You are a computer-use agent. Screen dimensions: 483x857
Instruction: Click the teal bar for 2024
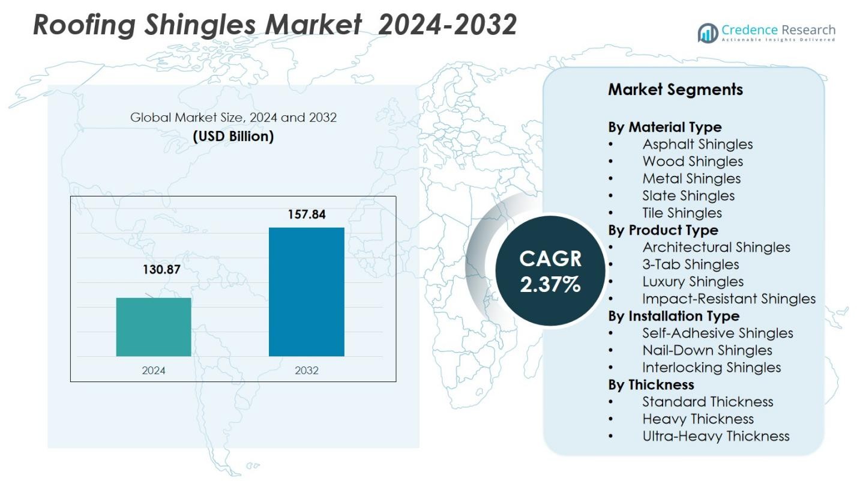[x=154, y=327]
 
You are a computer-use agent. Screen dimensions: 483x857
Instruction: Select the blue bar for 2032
[x=306, y=292]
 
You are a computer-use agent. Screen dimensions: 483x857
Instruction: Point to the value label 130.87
[x=161, y=270]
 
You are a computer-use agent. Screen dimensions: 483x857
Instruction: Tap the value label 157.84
[x=306, y=214]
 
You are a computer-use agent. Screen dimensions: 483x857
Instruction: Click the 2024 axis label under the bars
[x=154, y=371]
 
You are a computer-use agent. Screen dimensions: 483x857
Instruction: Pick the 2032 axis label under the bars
[x=306, y=371]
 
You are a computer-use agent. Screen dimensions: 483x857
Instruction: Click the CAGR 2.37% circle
[x=550, y=271]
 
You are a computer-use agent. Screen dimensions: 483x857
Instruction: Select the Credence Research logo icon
[x=708, y=33]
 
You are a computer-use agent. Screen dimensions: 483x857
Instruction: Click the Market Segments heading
[x=675, y=90]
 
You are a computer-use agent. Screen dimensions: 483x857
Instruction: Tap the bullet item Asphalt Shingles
[x=697, y=144]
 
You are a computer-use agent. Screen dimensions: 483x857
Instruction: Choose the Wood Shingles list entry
[x=693, y=162]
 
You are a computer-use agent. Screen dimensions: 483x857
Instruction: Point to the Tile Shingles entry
[x=682, y=213]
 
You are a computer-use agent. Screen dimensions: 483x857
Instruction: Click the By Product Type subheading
[x=663, y=230]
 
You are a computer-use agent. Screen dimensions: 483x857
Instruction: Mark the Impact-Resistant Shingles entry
[x=729, y=299]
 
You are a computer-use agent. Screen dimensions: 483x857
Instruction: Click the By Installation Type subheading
[x=673, y=316]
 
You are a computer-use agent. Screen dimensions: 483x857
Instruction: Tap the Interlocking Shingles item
[x=711, y=368]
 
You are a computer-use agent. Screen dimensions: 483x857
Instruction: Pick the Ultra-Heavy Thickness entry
[x=715, y=436]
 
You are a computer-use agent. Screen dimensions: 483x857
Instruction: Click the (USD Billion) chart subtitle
[x=233, y=136]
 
